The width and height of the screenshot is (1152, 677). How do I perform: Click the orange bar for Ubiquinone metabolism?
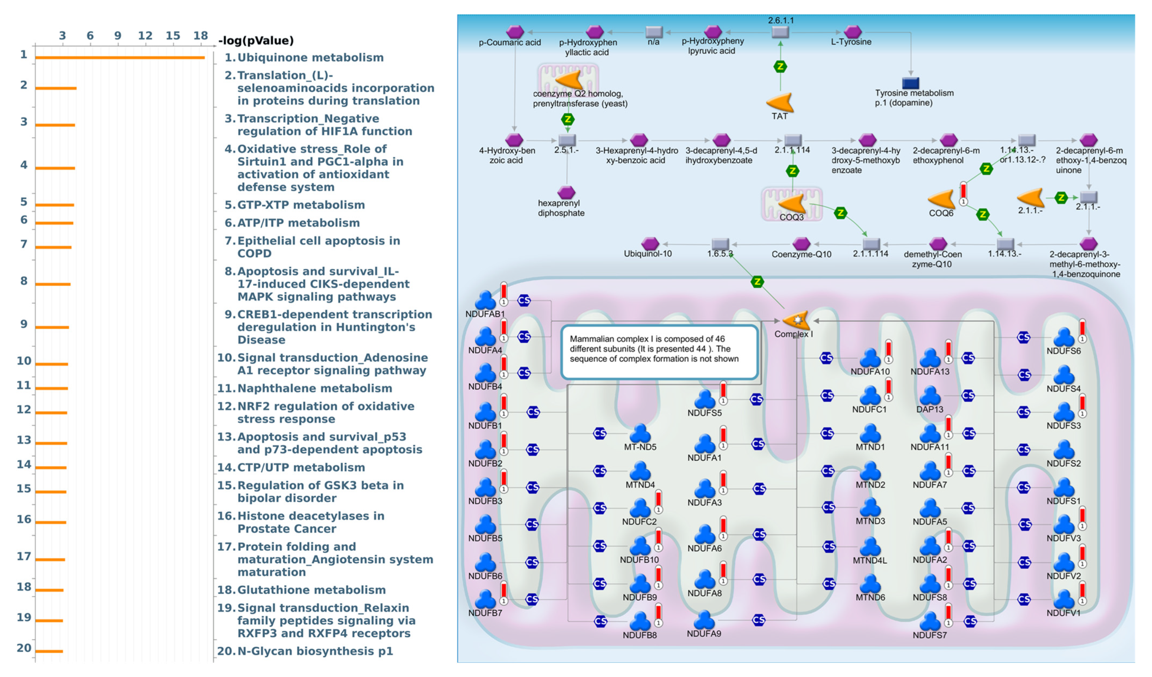120,57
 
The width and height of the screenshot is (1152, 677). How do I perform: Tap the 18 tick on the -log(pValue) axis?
200,36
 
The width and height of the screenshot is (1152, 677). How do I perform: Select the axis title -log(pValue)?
256,41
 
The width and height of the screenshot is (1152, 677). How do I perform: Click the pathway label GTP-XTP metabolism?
301,205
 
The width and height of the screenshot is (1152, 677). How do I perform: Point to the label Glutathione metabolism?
311,590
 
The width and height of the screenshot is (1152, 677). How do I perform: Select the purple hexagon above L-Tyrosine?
852,31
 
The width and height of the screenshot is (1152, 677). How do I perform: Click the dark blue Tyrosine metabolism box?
911,83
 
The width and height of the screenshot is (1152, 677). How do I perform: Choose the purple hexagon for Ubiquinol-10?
650,244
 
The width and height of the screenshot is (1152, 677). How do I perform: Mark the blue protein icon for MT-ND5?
640,433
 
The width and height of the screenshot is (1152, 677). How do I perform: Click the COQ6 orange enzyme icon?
941,200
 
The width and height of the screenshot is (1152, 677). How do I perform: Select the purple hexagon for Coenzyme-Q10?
801,244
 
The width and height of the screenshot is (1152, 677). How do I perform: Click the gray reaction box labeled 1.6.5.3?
720,244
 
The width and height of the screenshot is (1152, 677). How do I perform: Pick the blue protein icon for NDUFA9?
704,620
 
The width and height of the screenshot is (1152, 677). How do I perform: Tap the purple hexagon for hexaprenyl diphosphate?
566,192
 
